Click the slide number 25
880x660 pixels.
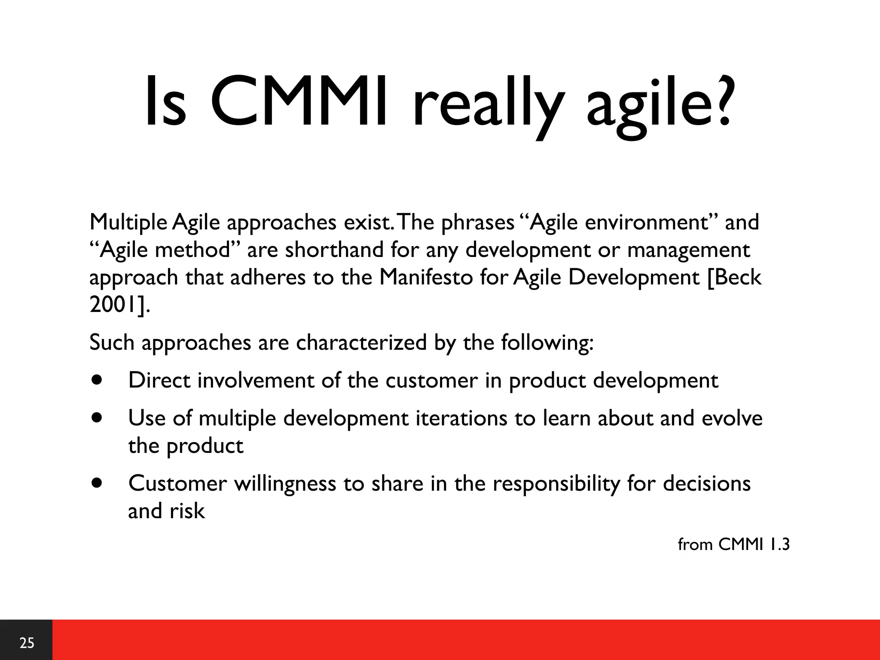pos(27,643)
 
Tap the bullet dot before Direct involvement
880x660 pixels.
pos(98,380)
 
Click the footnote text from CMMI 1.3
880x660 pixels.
pos(733,544)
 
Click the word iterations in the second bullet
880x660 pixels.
pos(461,418)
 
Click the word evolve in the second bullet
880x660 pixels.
pos(732,418)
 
